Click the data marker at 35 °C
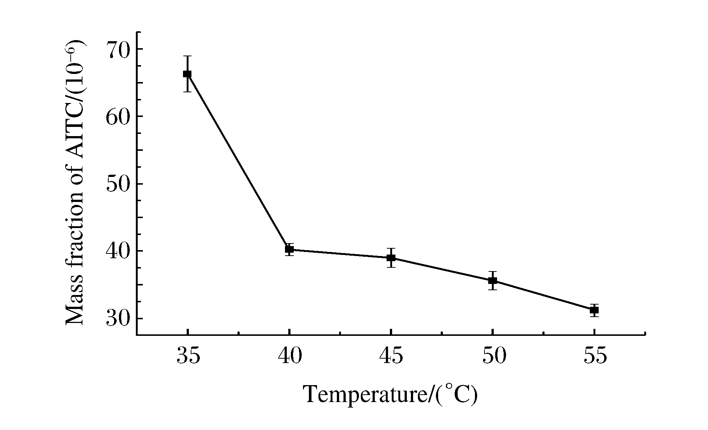click(x=187, y=74)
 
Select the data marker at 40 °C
click(x=289, y=249)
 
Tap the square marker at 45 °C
click(x=391, y=257)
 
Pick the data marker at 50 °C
click(x=493, y=281)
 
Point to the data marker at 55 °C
click(x=594, y=310)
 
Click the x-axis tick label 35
click(x=188, y=356)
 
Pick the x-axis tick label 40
click(x=290, y=356)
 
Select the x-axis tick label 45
click(x=391, y=356)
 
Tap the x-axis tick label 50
click(x=493, y=356)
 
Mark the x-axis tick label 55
click(x=595, y=356)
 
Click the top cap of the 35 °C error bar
click(x=187, y=56)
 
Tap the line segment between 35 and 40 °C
click(x=239, y=162)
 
